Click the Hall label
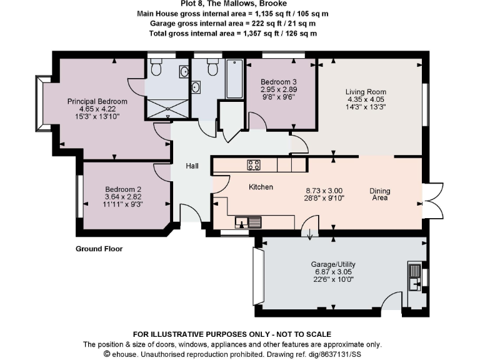click(192, 166)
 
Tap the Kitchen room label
click(261, 187)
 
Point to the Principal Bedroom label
click(97, 101)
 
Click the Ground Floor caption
click(99, 249)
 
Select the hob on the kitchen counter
click(254, 165)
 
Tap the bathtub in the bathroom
click(234, 79)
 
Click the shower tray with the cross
click(168, 108)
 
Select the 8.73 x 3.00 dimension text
click(323, 191)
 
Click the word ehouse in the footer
click(125, 353)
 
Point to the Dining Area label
click(379, 194)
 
